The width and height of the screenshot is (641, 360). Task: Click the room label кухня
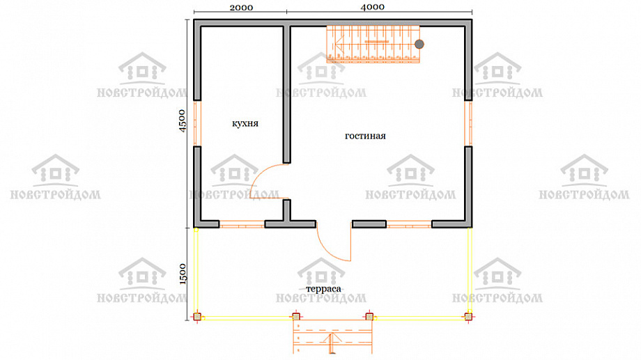tap(245, 123)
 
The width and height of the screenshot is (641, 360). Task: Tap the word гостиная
tap(365, 136)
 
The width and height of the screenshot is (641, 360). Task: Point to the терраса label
tap(323, 288)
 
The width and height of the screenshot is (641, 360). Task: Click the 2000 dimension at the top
tap(241, 8)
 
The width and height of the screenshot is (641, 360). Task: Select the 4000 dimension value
tap(373, 7)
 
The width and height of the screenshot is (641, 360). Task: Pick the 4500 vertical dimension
tap(183, 120)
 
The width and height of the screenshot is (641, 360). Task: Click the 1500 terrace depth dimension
tap(183, 274)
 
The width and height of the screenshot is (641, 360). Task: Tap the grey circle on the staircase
tap(419, 44)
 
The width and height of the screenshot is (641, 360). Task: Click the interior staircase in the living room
tap(373, 44)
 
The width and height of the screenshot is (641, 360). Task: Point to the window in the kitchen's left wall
tap(197, 123)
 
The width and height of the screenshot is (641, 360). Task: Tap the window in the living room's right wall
tap(468, 123)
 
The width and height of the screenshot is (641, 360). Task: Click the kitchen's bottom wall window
tap(242, 224)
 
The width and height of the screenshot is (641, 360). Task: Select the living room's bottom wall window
tap(409, 224)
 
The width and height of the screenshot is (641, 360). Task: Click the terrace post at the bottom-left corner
tap(197, 317)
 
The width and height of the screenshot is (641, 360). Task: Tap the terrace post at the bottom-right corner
tap(468, 317)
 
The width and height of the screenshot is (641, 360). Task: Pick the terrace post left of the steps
tap(296, 317)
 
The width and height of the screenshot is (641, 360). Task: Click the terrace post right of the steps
tap(369, 317)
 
